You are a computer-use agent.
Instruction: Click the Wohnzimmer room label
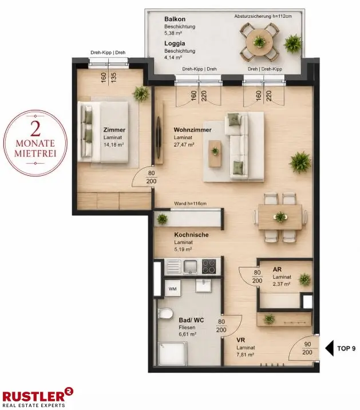coord(193,129)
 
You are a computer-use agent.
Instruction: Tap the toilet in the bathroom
coord(165,313)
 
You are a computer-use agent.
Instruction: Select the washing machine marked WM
coord(172,289)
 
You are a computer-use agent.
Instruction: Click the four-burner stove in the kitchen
coord(209,266)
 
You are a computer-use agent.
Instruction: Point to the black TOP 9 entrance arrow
coord(330,348)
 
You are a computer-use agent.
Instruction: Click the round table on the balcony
coord(259,42)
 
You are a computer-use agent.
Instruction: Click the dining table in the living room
coord(280,217)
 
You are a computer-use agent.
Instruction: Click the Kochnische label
coord(191,235)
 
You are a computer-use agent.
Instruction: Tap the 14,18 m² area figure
coord(113,145)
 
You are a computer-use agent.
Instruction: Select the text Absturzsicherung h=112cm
coord(263,16)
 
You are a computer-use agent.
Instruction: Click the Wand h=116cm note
coord(191,203)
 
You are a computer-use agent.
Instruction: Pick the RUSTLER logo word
coord(33,396)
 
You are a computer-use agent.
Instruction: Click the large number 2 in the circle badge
coord(35,128)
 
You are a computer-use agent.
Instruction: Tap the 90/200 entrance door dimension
coord(307,348)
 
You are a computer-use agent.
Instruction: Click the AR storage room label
coord(277,269)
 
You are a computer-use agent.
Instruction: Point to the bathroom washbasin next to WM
coord(203,285)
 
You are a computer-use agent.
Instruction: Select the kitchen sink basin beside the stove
coord(191,266)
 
